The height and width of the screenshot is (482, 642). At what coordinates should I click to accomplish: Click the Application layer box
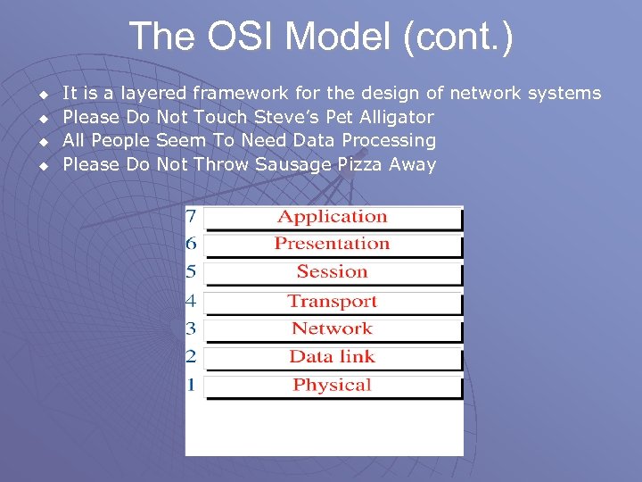coord(333,217)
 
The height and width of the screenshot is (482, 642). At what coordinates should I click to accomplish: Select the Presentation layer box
coord(333,244)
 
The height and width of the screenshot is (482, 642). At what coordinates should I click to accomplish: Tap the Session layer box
coord(333,272)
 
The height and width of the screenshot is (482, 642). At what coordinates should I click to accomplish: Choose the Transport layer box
coord(333,302)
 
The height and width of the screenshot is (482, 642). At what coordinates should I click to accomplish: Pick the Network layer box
coord(333,328)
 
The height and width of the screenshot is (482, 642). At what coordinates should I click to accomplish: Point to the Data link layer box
coord(333,357)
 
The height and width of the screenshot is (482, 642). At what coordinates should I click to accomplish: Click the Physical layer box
coord(333,386)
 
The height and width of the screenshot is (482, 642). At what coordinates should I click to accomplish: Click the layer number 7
coord(192,217)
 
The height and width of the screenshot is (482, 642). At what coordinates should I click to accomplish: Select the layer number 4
coord(192,302)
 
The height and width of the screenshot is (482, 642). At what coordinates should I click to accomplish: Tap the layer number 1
coord(192,386)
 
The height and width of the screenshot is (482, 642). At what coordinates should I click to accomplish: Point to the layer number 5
coord(192,272)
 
